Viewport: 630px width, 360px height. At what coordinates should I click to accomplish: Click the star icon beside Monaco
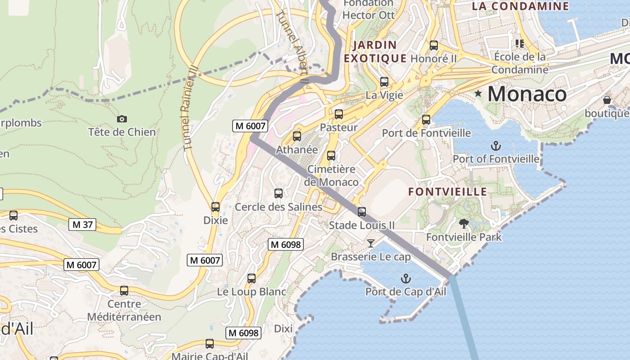[x=478, y=94]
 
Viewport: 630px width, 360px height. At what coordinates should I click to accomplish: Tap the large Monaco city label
[x=527, y=94]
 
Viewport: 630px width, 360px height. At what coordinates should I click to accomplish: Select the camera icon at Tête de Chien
[x=121, y=119]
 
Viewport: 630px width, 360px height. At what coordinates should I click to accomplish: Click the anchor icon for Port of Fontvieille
[x=495, y=145]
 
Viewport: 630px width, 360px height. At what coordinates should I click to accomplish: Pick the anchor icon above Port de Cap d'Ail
[x=406, y=279]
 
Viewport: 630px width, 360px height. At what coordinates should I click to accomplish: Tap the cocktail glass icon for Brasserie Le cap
[x=371, y=243]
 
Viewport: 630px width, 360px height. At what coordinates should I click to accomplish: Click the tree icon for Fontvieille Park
[x=463, y=224]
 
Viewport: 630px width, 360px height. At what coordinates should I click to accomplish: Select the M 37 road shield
[x=82, y=224]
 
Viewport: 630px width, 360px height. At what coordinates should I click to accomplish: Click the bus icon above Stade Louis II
[x=362, y=211]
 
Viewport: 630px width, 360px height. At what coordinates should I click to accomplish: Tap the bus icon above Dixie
[x=216, y=207]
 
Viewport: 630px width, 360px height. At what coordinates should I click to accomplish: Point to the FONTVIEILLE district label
[x=447, y=192]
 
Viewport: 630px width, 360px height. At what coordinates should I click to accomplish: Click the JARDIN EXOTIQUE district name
[x=375, y=52]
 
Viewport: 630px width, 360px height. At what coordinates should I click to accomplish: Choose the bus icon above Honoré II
[x=434, y=45]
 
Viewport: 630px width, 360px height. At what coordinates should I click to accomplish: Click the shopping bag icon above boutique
[x=607, y=100]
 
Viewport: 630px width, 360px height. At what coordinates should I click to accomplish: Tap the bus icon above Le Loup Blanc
[x=252, y=278]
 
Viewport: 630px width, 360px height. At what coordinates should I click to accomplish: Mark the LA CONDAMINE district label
[x=520, y=6]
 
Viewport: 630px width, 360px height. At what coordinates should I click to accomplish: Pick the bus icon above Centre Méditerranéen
[x=124, y=291]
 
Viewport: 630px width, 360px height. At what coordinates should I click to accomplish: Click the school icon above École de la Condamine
[x=520, y=44]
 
